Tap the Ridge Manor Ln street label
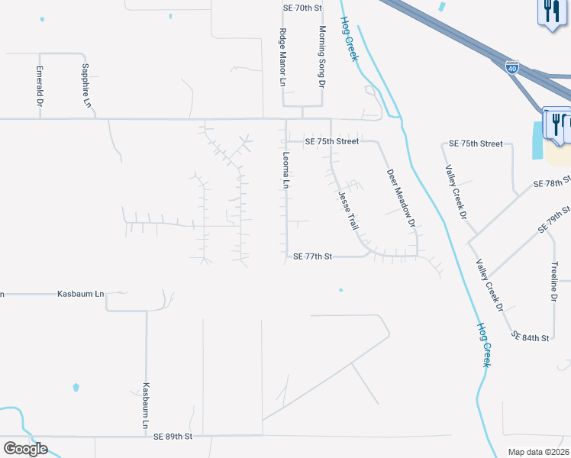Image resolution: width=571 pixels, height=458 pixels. coord(283,56)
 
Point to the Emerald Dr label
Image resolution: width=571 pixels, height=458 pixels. coord(40,80)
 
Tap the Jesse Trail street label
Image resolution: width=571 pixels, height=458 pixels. coord(348,211)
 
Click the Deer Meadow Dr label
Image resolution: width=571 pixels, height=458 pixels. coord(400,198)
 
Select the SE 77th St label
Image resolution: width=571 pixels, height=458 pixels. coord(313,257)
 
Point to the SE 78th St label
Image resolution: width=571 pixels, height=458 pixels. coord(552,184)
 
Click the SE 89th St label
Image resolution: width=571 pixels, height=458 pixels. coord(173,437)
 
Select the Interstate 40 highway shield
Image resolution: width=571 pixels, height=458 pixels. coord(511,68)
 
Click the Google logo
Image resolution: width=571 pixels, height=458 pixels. coord(25,449)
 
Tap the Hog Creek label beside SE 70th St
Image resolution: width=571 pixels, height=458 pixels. coord(350,43)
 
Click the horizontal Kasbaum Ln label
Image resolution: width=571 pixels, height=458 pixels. coord(81,294)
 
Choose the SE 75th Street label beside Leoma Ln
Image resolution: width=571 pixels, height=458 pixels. coord(331,141)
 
